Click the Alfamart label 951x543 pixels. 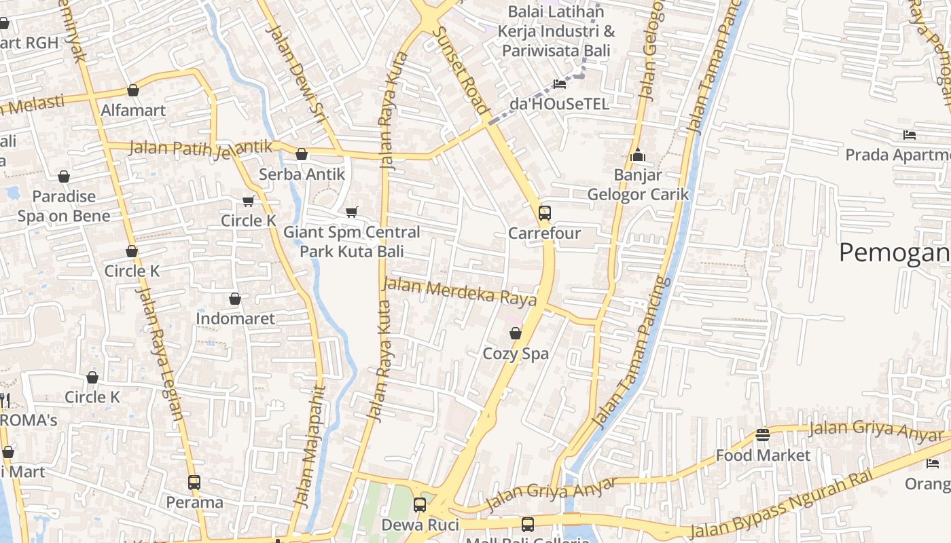133,110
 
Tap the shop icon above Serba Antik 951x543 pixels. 302,155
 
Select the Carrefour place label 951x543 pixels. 544,233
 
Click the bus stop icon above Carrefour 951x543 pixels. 544,213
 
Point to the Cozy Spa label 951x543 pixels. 516,354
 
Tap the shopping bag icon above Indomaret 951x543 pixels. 235,299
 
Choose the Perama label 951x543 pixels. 195,502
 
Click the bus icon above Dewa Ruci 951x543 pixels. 420,505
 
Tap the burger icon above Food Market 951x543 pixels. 763,434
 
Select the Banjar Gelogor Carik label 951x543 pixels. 637,185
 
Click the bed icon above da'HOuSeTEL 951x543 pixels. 560,84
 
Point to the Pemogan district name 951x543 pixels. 894,252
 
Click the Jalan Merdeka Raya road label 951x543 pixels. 459,292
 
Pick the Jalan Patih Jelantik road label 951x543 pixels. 201,148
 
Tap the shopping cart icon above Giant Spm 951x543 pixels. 351,212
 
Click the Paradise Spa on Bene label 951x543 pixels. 64,206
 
